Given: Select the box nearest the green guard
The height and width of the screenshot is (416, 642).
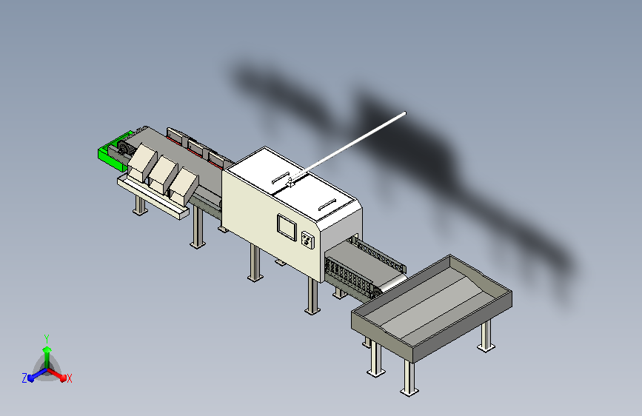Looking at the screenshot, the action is [x=141, y=162].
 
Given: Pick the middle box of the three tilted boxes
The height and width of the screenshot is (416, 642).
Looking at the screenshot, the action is [x=163, y=175].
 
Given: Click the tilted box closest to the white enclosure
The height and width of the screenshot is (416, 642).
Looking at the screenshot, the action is [x=184, y=187].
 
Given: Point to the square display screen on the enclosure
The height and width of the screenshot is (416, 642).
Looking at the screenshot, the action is [x=287, y=227].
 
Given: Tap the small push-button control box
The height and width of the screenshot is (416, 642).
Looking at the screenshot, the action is [x=307, y=240].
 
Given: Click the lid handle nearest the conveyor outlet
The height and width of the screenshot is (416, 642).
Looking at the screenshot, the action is [x=327, y=204].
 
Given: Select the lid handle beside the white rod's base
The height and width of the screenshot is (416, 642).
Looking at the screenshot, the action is [x=281, y=178].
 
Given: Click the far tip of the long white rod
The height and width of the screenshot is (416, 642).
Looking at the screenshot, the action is [x=405, y=113].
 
